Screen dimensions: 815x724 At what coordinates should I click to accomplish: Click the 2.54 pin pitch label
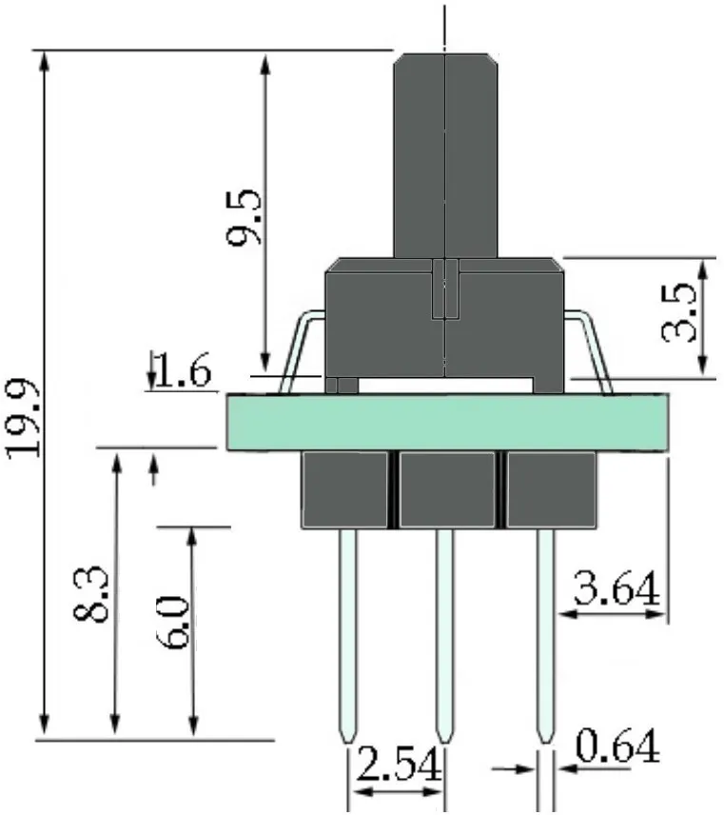pyautogui.click(x=396, y=766)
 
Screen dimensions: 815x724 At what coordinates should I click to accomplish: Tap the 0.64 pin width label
pyautogui.click(x=617, y=747)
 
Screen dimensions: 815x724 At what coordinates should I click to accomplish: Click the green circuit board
pyautogui.click(x=447, y=422)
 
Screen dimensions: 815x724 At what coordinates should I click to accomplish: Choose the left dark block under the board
pyautogui.click(x=344, y=489)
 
